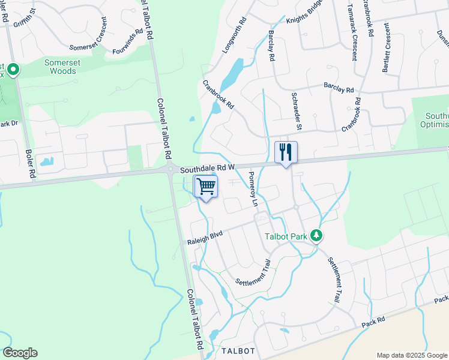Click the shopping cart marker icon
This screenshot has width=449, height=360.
click(x=206, y=187)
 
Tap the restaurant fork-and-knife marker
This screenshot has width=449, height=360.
click(x=286, y=152)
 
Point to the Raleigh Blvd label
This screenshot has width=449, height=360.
click(x=205, y=239)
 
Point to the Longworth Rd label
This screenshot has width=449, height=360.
click(x=235, y=36)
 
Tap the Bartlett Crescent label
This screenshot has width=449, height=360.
click(x=387, y=47)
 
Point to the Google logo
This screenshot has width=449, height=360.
click(x=20, y=353)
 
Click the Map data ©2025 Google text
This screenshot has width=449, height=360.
click(x=412, y=355)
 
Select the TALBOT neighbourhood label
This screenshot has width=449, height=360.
click(x=239, y=351)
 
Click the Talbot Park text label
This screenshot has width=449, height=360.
click(x=286, y=236)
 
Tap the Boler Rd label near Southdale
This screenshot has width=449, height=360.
click(x=28, y=163)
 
